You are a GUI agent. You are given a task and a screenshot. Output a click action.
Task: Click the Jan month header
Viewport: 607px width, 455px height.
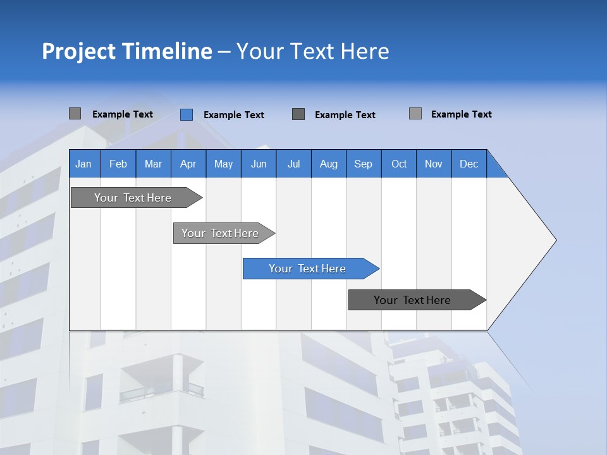[83, 164]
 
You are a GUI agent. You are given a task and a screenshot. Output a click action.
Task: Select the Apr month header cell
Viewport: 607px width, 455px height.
[188, 164]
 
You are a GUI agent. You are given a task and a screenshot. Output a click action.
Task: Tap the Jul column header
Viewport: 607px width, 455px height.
[293, 164]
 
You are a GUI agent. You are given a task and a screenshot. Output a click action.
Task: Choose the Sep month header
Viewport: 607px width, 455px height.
[363, 164]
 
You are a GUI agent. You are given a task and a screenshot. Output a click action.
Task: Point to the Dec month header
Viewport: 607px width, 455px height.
[469, 164]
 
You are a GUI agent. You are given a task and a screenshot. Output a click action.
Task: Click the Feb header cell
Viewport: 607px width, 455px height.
[118, 164]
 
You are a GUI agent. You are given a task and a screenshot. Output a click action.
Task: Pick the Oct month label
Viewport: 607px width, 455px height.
[399, 164]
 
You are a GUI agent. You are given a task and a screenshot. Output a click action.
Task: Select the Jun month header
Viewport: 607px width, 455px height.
[259, 164]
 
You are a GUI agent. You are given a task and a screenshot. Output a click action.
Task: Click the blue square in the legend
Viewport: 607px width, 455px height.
[186, 114]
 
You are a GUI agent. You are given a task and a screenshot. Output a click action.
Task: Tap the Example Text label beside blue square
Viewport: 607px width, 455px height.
[233, 115]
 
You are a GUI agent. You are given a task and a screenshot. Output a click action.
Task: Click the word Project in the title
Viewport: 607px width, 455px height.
[79, 51]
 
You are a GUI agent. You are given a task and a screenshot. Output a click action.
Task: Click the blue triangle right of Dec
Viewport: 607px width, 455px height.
[495, 168]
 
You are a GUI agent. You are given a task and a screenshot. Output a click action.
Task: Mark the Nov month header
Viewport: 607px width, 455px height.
[434, 164]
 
